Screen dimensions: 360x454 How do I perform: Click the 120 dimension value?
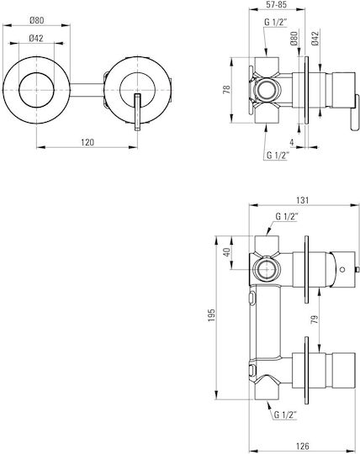[x=87, y=142]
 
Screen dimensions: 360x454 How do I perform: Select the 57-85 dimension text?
[x=277, y=5]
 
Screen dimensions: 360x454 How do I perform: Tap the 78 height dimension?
[x=227, y=89]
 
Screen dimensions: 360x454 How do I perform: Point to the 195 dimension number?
[x=212, y=315]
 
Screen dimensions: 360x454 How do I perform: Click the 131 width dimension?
[x=303, y=200]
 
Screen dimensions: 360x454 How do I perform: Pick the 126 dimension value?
[x=303, y=446]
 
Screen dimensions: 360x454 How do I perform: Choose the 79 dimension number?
[x=315, y=319]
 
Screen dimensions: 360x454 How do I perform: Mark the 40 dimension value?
[x=227, y=252]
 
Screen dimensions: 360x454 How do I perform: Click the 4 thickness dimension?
[x=292, y=142]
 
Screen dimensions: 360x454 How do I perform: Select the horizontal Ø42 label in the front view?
[x=36, y=38]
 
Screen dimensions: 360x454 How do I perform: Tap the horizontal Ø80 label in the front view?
[x=36, y=20]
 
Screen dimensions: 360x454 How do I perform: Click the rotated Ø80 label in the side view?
[x=294, y=38]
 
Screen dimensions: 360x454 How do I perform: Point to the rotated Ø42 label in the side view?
[x=315, y=38]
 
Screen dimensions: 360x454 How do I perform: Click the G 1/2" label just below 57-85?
[x=275, y=23]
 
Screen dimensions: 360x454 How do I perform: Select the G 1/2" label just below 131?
[x=287, y=217]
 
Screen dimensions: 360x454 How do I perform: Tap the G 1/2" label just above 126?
[x=286, y=415]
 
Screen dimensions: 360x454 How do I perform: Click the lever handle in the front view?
[x=138, y=112]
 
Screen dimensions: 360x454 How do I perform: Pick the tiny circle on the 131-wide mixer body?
[x=342, y=269]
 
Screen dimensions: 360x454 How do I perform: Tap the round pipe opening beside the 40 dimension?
[x=267, y=270]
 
